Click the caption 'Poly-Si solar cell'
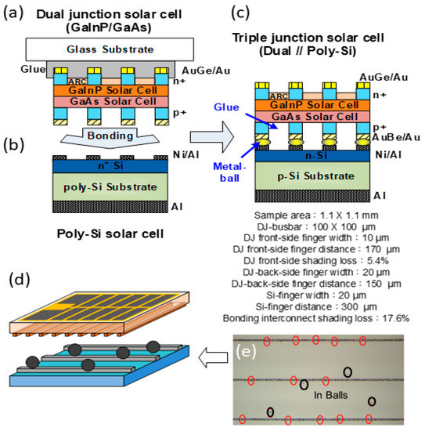(110, 234)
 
